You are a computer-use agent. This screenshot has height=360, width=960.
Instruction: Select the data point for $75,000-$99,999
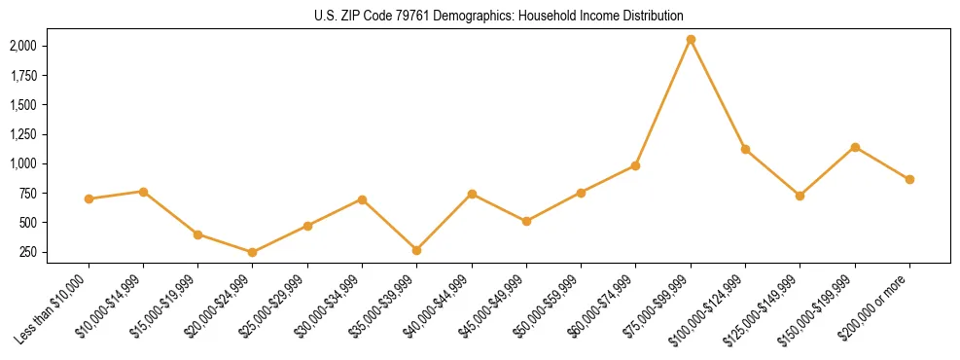click(x=691, y=40)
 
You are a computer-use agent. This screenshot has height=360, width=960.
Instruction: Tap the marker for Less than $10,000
click(x=89, y=198)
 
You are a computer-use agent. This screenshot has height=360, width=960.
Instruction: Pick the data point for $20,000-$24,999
click(x=253, y=252)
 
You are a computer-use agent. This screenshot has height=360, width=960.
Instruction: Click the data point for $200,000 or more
click(x=909, y=179)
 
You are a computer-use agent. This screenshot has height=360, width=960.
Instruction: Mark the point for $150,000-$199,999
click(x=855, y=147)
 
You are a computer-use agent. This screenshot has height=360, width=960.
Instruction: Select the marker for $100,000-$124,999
click(x=745, y=149)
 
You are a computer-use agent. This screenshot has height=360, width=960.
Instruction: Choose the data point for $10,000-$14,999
click(x=143, y=192)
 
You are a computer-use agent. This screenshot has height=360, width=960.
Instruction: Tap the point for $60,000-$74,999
click(x=635, y=165)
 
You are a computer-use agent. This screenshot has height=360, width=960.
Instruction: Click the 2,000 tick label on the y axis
click(x=23, y=46)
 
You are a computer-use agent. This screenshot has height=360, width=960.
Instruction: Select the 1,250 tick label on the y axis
click(x=23, y=134)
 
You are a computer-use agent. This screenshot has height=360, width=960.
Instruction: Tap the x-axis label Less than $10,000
click(x=57, y=309)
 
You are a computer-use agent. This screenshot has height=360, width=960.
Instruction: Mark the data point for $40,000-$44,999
click(x=472, y=194)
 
